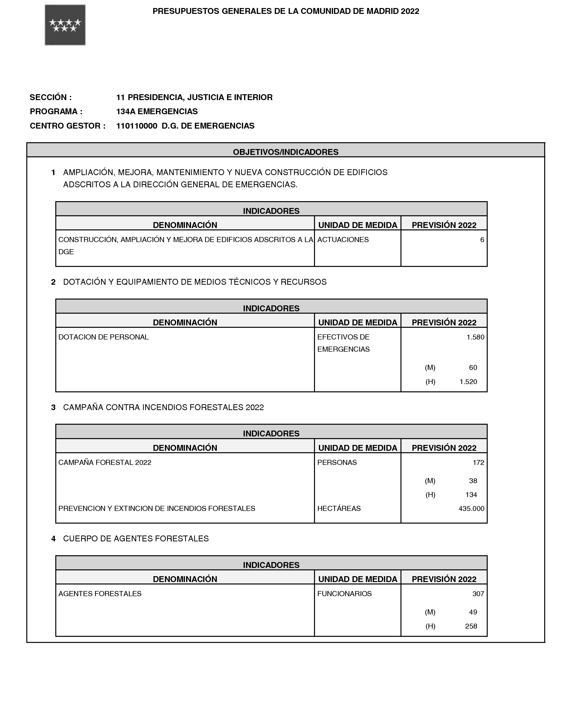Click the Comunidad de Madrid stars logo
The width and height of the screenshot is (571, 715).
65,25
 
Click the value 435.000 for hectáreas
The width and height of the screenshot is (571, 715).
471,508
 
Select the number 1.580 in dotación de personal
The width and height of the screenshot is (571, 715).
475,337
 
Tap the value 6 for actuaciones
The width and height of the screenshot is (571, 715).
482,239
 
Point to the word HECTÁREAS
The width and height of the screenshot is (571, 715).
339,508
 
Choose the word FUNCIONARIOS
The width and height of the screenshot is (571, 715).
344,594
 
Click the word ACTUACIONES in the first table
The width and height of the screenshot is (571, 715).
343,239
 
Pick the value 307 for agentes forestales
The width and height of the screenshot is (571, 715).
478,594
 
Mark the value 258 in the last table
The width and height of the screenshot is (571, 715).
471,626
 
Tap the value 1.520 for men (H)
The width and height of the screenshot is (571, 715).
468,382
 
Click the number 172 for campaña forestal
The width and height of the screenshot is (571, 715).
478,462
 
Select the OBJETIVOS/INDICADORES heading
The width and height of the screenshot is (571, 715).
285,152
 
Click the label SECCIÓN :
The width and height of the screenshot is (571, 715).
50,97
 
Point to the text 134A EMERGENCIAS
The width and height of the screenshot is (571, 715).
157,112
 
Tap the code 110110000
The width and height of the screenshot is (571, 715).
136,126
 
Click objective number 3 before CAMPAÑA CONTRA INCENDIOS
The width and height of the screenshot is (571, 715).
53,407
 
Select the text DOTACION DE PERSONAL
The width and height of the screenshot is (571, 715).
103,337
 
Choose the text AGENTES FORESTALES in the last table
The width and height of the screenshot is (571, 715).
100,594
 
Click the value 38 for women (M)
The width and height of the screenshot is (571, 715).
473,480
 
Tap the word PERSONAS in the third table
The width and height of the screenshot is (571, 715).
337,462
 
